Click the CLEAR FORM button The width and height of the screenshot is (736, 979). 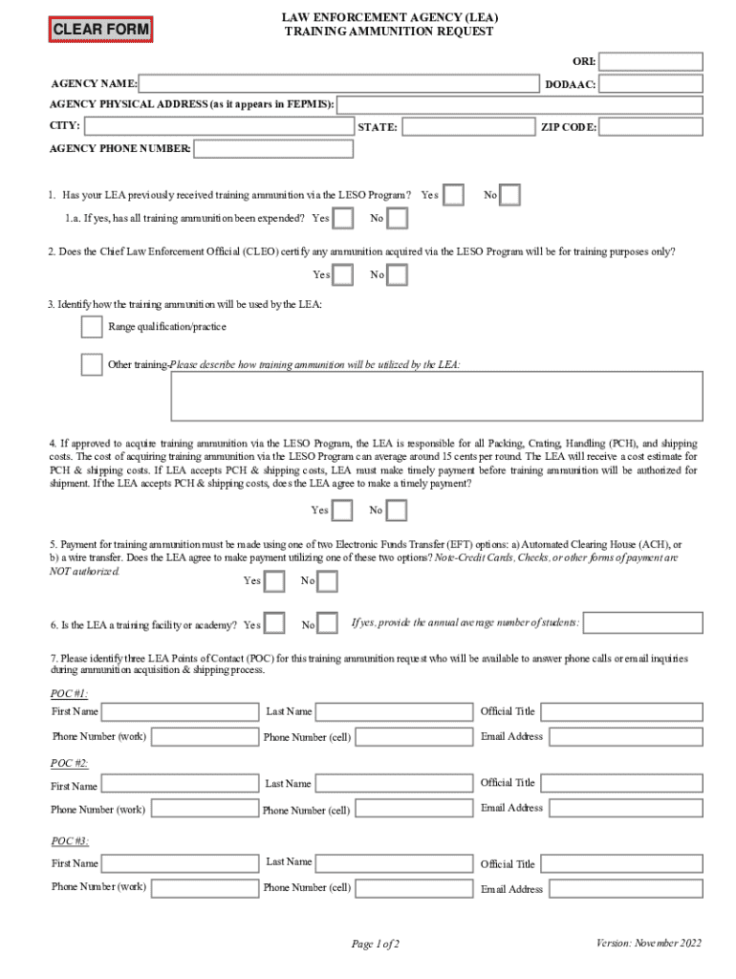pos(100,29)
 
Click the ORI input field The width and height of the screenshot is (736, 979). pos(650,62)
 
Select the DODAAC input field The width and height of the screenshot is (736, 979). pos(650,85)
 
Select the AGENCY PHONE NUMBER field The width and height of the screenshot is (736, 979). pos(273,149)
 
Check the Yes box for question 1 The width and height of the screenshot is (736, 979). pos(454,195)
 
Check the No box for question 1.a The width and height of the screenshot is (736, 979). pos(397,218)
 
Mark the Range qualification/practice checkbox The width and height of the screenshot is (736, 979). pos(92,327)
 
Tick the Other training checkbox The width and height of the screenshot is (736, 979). pos(92,364)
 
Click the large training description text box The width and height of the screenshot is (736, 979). pos(437,396)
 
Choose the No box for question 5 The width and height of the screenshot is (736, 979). pos(328,581)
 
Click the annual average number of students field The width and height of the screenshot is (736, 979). pos(642,623)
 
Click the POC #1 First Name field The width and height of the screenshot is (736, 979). pos(179,711)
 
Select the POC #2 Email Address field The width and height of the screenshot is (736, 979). pos(626,808)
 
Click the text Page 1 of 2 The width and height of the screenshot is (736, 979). pos(375,945)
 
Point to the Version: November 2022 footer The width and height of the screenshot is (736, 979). pos(649,943)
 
